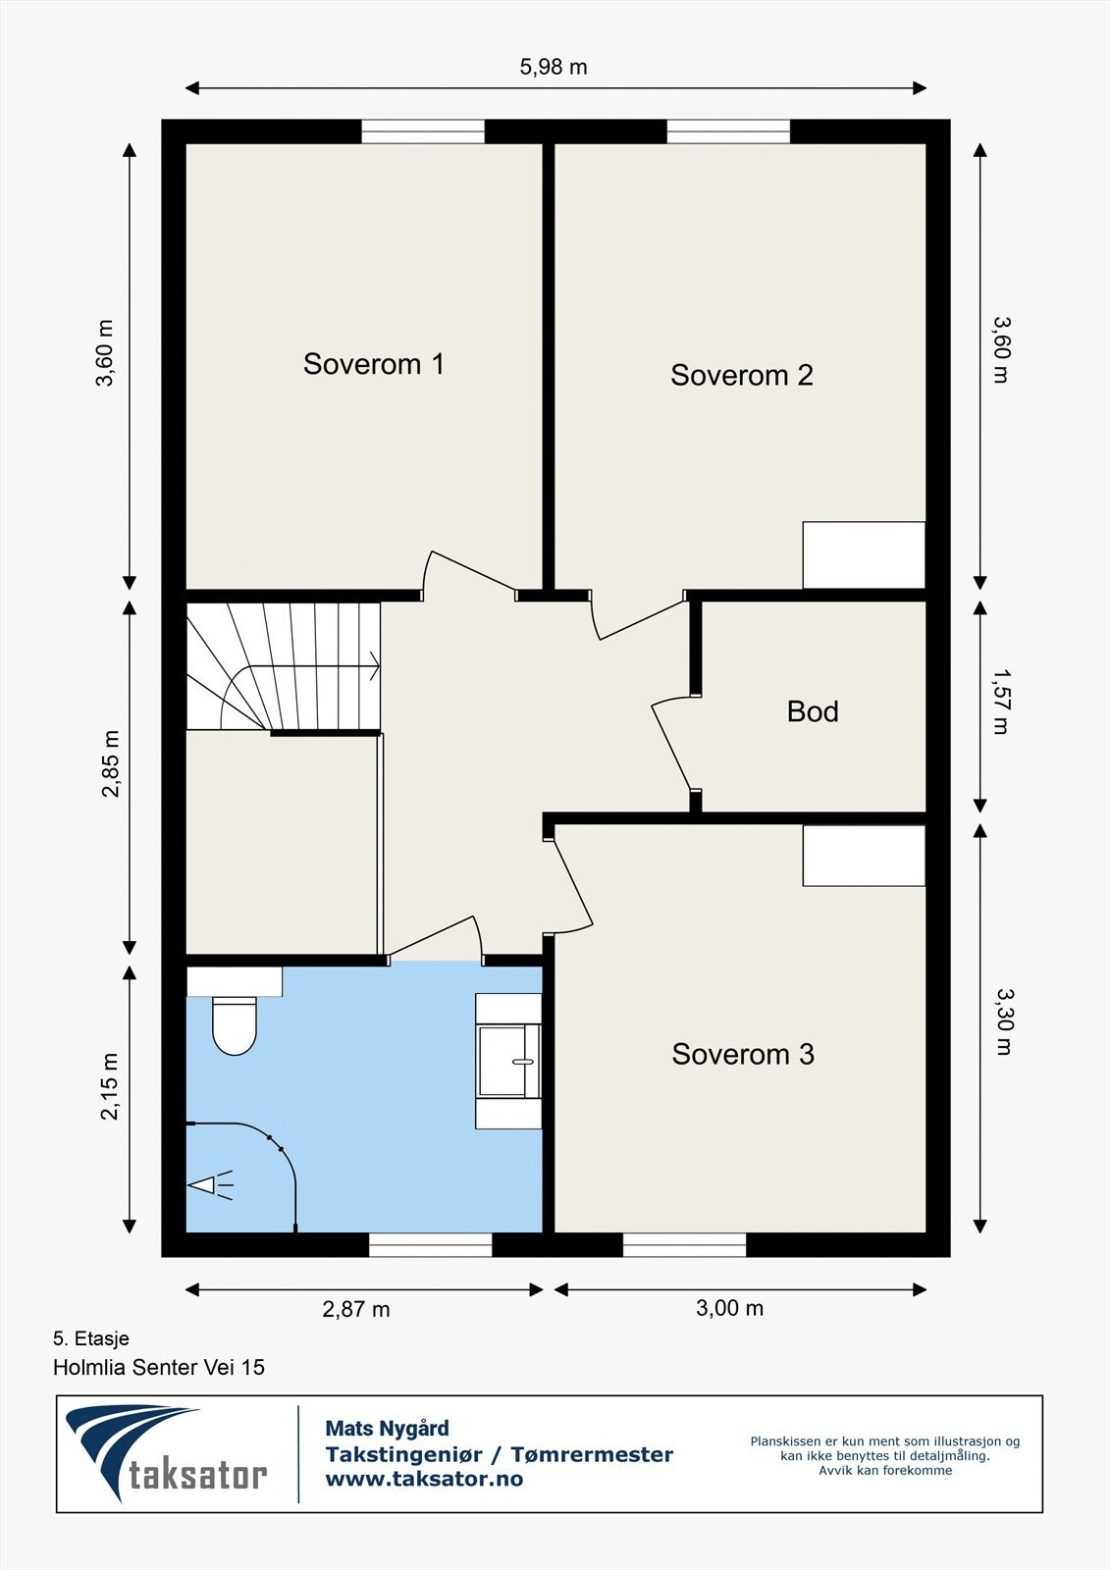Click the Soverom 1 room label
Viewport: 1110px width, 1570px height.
(373, 364)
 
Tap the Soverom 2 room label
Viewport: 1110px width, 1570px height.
(742, 375)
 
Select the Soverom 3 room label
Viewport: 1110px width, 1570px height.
(743, 1054)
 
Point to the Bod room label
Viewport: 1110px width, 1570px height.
(813, 711)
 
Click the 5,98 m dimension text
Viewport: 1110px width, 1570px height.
(554, 68)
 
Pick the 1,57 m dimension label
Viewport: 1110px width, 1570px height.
(1001, 702)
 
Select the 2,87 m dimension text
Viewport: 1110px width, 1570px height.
(356, 1309)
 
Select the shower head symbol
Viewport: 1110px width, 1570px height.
(210, 1186)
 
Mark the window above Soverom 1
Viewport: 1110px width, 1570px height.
(423, 131)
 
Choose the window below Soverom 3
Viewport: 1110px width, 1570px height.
(684, 1245)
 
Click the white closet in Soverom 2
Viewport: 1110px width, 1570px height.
(864, 555)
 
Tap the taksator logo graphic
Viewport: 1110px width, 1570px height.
(166, 1454)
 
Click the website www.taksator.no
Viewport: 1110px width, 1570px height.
(424, 1479)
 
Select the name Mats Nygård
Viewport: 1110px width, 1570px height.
(387, 1429)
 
